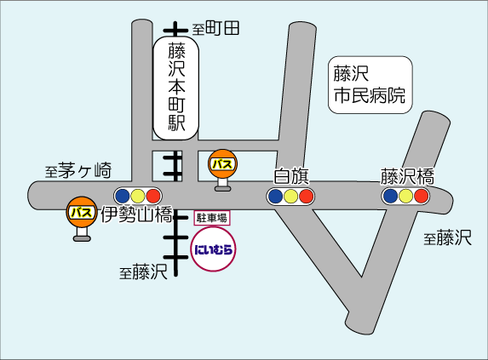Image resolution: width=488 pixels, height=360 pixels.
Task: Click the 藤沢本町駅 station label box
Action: (x=175, y=88)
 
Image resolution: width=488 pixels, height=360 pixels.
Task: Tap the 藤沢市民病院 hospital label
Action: (x=370, y=85)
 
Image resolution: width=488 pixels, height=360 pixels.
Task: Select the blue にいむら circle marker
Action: (x=213, y=249)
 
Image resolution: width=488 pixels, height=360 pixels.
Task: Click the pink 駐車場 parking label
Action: (x=212, y=218)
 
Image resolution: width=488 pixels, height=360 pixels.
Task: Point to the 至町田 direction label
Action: (x=215, y=28)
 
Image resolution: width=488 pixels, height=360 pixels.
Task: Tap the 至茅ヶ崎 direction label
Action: (x=78, y=170)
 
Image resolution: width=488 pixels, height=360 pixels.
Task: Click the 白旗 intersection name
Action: (x=291, y=176)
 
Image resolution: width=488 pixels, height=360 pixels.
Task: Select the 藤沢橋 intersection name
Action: (x=407, y=176)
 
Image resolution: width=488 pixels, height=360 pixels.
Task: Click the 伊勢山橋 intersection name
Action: (x=136, y=214)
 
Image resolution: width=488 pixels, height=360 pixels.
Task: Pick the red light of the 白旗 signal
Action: (x=307, y=197)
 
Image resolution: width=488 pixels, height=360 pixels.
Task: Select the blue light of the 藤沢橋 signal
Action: (x=391, y=196)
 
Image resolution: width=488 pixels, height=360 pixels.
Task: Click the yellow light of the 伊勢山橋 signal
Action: (x=138, y=196)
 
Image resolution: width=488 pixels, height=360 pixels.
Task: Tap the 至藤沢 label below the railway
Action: (x=143, y=271)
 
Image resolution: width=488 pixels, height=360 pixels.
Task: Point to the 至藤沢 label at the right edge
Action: (x=447, y=237)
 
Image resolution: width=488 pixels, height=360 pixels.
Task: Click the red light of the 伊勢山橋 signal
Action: (x=153, y=196)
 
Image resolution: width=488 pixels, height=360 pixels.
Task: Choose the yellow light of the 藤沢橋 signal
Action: (x=406, y=196)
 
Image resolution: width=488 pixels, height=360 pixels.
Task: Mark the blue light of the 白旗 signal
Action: (x=275, y=197)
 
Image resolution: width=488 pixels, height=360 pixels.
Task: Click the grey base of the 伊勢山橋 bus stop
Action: (x=82, y=238)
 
